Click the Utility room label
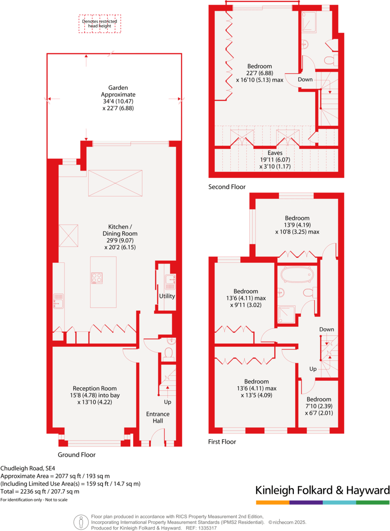point(167,296)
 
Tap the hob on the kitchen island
point(97,278)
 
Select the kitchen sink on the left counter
point(59,300)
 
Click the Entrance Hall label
point(158,418)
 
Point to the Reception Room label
point(94,388)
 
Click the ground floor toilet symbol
point(168,353)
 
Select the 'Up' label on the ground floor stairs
point(168,402)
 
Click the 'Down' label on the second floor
point(305,79)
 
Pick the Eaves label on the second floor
point(274,153)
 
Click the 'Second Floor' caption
point(227,187)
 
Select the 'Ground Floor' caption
point(77,454)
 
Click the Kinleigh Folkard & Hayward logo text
point(322,490)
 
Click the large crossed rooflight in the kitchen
point(115,183)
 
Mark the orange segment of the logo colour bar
point(272,502)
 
